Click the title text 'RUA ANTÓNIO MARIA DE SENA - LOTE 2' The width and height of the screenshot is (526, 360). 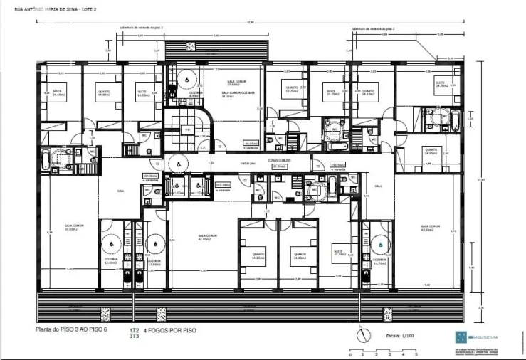click(x=51, y=9)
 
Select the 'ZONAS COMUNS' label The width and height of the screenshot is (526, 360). click(x=278, y=161)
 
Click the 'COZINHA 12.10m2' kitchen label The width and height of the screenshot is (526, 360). click(x=110, y=261)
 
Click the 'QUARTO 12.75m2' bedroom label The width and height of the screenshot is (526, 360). click(x=292, y=90)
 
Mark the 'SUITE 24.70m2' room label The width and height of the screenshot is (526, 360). click(x=440, y=85)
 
